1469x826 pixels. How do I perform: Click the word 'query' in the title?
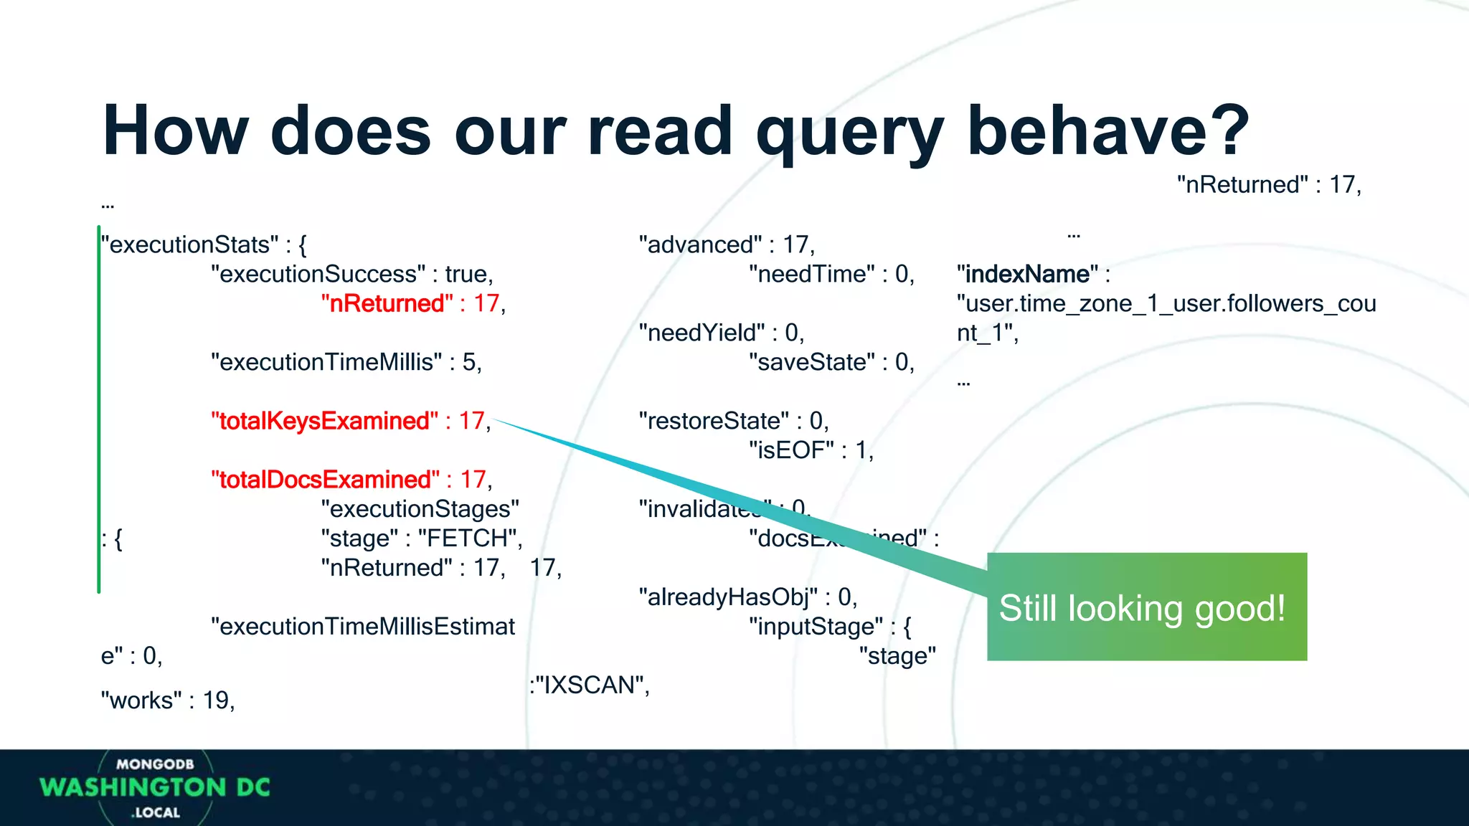pos(849,133)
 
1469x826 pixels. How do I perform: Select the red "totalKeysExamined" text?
pos(324,421)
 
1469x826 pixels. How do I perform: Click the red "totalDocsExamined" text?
pos(325,480)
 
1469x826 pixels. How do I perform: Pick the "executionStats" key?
pos(189,245)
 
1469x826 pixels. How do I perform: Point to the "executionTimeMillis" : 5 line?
pos(346,362)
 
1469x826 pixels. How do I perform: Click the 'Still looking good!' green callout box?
pos(1146,607)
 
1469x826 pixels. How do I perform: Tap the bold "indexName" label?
pos(1027,274)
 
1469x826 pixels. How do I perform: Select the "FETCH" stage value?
pos(468,538)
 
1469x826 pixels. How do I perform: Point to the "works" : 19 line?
pos(168,701)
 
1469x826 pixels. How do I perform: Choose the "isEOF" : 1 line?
pos(811,450)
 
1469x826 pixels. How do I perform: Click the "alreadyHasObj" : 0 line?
pos(747,597)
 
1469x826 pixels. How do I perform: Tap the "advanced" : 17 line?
pos(726,245)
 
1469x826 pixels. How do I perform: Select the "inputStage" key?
pos(816,627)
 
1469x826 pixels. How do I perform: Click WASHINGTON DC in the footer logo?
pos(155,787)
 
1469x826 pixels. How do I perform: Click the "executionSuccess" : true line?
pos(351,274)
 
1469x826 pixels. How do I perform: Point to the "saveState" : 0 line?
pos(831,362)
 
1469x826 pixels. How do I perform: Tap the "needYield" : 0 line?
pos(721,333)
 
